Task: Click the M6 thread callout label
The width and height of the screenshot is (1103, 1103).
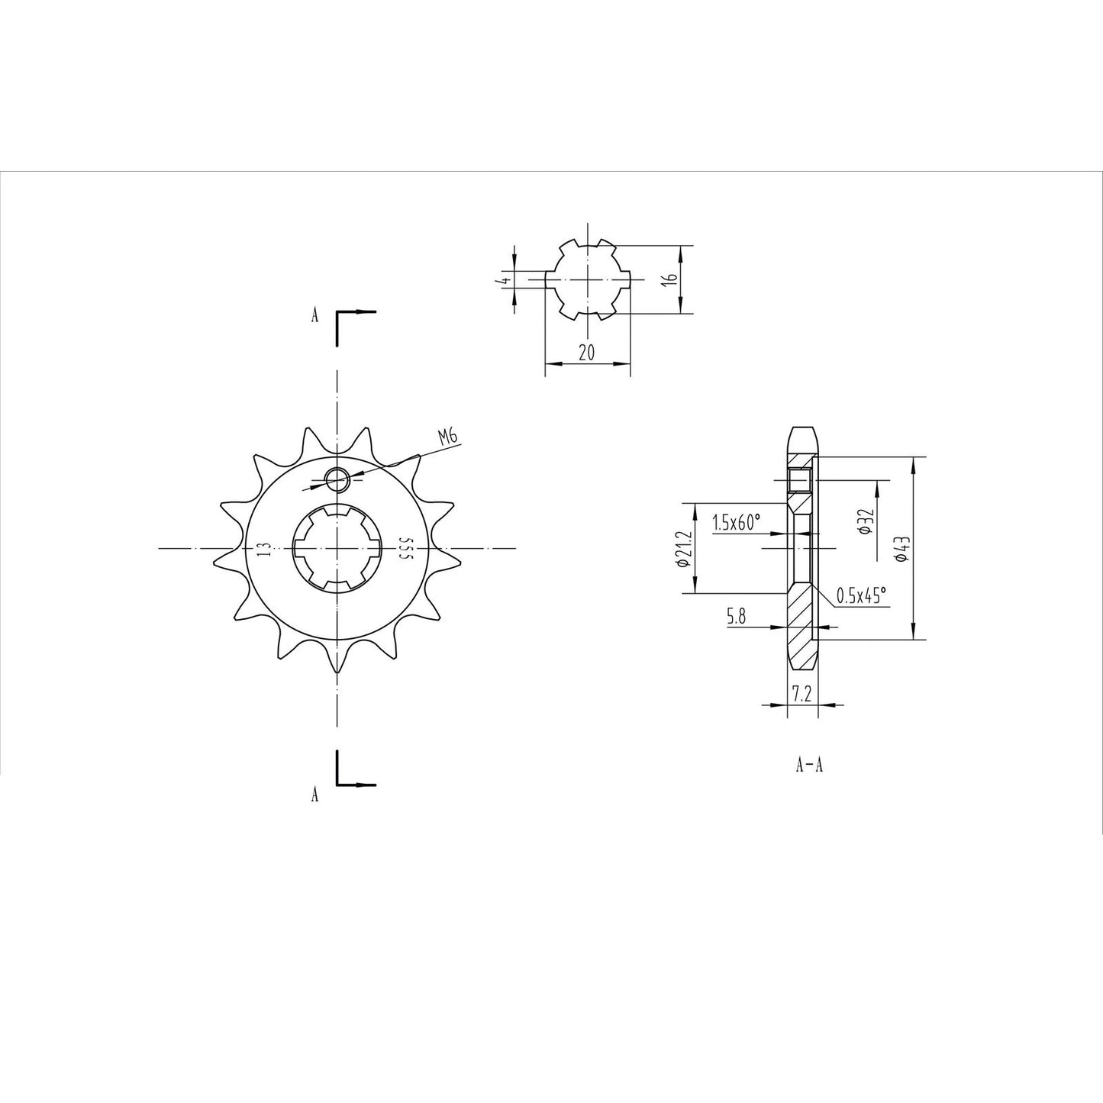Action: point(447,437)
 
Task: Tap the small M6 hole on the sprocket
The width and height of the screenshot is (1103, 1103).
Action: point(337,480)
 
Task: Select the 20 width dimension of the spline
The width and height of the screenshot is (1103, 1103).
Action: point(587,352)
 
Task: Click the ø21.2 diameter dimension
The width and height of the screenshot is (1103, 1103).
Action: point(682,548)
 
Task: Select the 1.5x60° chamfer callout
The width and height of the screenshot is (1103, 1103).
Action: point(737,523)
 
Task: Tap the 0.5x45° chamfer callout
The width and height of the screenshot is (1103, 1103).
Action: point(863,596)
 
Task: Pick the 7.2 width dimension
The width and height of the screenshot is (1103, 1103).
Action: point(801,693)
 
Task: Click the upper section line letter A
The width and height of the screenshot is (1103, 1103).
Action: point(314,316)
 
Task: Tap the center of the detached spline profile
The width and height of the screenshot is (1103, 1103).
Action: point(588,280)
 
